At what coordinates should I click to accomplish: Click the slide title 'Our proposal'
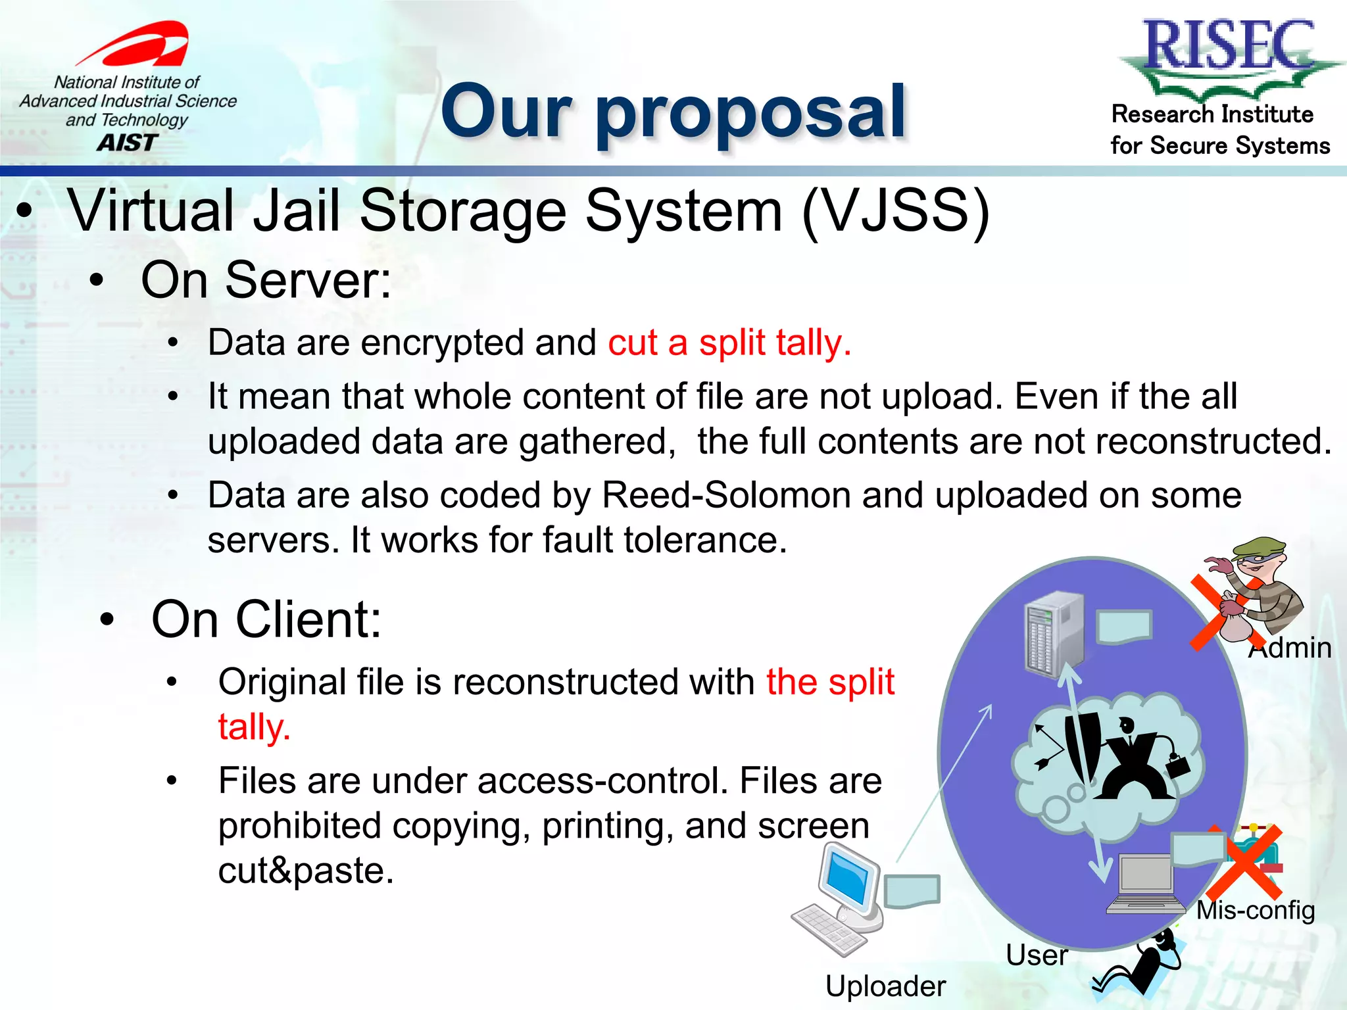coord(673,113)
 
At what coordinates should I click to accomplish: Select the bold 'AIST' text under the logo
coord(127,143)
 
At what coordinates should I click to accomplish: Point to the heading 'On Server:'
coord(266,280)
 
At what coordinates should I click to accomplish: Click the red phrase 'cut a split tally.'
coord(729,343)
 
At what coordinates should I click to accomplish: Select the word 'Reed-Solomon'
coord(725,495)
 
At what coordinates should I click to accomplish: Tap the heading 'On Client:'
coord(266,619)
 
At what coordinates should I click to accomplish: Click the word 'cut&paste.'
coord(306,871)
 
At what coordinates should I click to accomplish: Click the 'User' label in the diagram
coord(1036,955)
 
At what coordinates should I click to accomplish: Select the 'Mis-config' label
coord(1255,910)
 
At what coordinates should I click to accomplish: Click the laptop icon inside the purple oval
coord(1145,884)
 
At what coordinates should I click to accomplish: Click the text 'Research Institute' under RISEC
coord(1212,114)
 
